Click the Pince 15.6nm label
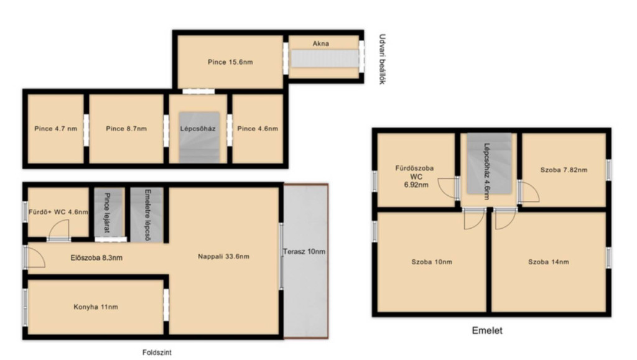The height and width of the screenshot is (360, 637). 230,62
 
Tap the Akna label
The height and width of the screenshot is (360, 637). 320,44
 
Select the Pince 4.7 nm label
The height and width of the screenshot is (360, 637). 55,129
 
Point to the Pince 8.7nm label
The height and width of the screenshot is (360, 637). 126,129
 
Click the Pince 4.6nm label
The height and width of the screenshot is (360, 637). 258,129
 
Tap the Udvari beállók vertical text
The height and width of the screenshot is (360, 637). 382,59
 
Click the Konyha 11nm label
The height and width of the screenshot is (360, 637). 96,307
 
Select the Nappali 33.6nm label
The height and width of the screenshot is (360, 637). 223,256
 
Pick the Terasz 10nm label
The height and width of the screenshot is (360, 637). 304,252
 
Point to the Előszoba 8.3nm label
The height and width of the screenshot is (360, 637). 96,257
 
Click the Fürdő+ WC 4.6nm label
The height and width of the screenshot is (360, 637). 58,212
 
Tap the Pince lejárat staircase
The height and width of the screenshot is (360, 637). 108,214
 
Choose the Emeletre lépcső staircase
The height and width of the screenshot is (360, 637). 147,215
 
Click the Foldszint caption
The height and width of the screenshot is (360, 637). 157,353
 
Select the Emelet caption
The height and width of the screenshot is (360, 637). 487,330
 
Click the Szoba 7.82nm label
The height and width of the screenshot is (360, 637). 564,170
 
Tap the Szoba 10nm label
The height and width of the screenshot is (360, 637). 432,262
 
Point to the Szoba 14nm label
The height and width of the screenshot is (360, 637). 549,262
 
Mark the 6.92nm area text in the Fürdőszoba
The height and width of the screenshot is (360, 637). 416,185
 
